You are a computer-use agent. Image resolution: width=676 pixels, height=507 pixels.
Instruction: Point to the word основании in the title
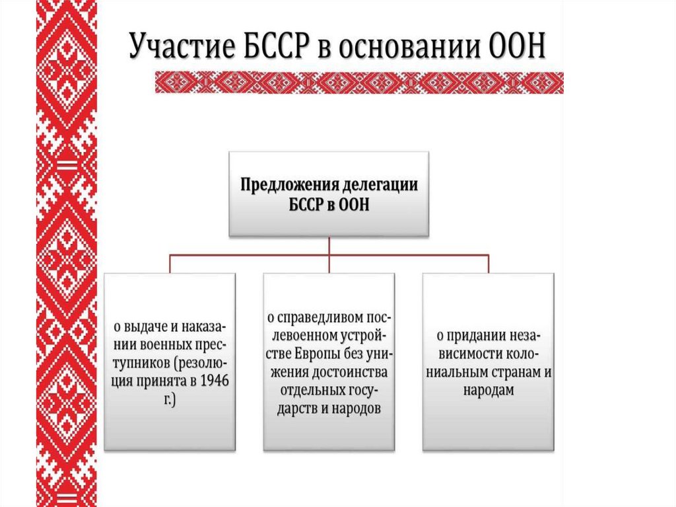pos(406,48)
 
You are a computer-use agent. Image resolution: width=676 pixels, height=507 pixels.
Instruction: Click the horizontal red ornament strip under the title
pos(359,82)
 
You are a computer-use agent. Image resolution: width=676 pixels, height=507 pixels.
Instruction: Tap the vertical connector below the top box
pos(329,245)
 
